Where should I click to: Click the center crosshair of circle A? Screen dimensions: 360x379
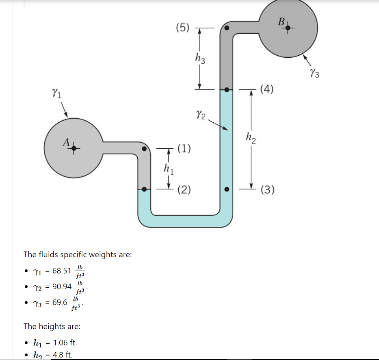74,149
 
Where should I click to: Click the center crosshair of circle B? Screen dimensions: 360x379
288,28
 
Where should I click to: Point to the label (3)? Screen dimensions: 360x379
268,190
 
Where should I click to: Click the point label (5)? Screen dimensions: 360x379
183,28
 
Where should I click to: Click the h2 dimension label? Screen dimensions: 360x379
251,139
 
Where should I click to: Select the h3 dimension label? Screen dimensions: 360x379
200,59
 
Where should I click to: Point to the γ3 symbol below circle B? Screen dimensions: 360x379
314,73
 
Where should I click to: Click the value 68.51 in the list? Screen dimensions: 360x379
62,271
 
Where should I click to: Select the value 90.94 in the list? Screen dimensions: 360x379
62,287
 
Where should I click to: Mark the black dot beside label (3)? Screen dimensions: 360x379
227,189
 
